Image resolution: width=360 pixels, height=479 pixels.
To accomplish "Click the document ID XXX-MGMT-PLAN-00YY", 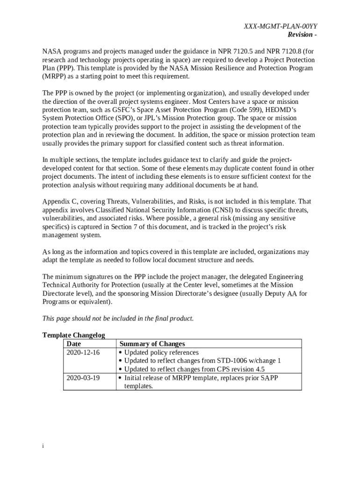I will click(x=278, y=27).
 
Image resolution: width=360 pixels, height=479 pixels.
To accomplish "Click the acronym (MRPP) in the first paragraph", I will click(x=54, y=77).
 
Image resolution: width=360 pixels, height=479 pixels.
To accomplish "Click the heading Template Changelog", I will click(x=73, y=335).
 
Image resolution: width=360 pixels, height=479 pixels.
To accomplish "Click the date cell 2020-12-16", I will click(x=83, y=352).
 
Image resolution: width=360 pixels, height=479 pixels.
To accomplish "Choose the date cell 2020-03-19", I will click(x=83, y=377).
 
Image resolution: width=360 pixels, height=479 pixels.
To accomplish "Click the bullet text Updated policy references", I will click(x=161, y=352).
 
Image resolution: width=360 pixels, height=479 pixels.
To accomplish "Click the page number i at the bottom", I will click(x=43, y=446).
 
